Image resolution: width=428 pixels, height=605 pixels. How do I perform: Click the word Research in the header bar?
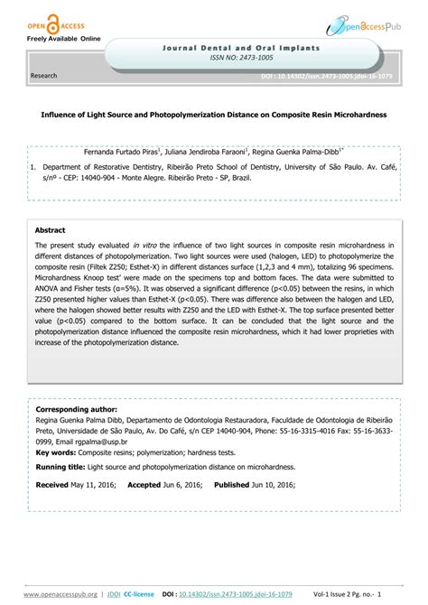point(43,77)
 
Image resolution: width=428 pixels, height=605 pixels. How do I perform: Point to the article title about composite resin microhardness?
point(214,116)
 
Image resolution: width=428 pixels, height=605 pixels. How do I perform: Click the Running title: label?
point(62,467)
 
